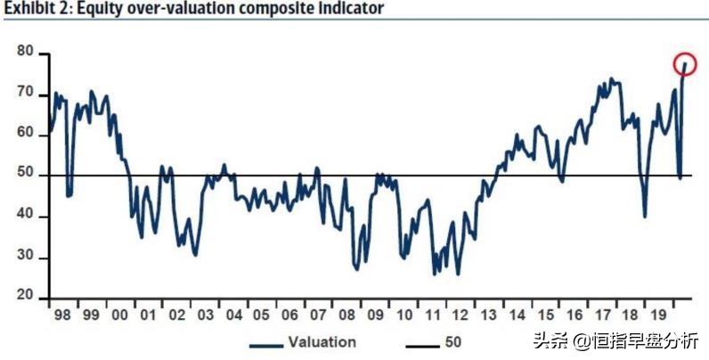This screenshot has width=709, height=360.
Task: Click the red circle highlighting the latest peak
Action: (685, 63)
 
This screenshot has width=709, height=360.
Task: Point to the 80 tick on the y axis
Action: (26, 53)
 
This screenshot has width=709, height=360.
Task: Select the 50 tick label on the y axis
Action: (26, 175)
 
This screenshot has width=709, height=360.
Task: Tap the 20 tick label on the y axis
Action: (26, 297)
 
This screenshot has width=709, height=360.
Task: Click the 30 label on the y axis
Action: (26, 258)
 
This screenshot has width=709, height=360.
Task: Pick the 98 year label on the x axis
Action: (61, 315)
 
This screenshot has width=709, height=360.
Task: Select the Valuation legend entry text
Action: (322, 342)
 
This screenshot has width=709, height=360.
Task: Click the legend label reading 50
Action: (452, 342)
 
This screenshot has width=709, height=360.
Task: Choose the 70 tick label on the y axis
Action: (26, 94)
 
